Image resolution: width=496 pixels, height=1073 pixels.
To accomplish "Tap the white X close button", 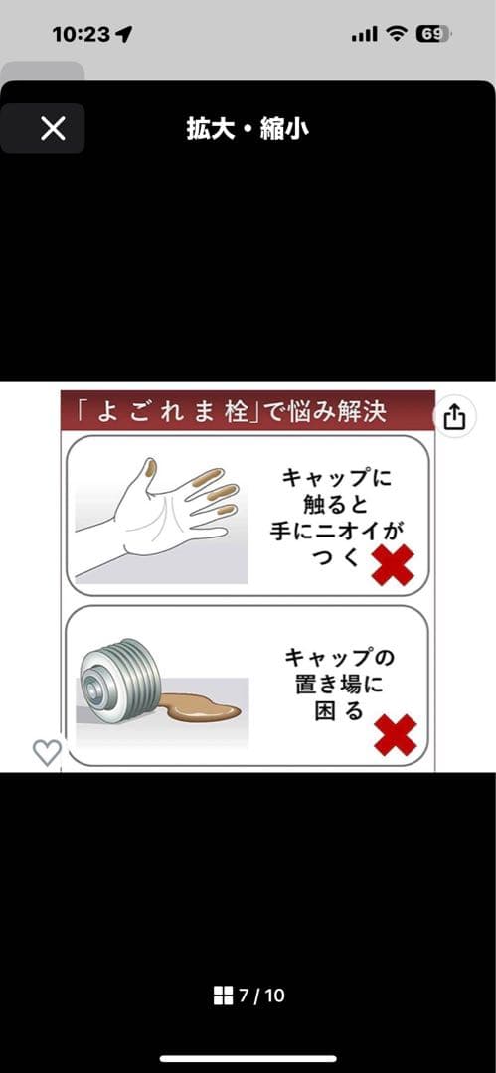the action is point(53,128).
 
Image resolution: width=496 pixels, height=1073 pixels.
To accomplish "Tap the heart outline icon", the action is point(48,753).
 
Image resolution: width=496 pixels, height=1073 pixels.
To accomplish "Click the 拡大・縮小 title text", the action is point(248,128).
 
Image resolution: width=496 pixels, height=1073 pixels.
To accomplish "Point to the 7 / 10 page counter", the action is point(261,995).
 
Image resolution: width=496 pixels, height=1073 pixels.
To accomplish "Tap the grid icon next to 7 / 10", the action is point(224,996).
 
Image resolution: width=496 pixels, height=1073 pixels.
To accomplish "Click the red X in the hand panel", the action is point(393,564).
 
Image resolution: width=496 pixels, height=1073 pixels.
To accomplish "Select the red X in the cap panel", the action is point(396,735).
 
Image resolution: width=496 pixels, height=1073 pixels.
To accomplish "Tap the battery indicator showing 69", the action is point(433,34).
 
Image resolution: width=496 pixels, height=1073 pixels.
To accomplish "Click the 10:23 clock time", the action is point(83,34).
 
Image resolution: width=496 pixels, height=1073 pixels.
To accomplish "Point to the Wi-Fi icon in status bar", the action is point(396,34).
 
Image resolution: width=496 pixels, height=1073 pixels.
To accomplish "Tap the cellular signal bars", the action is point(365,34).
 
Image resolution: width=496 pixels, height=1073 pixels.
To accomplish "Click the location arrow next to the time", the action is point(124,34).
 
